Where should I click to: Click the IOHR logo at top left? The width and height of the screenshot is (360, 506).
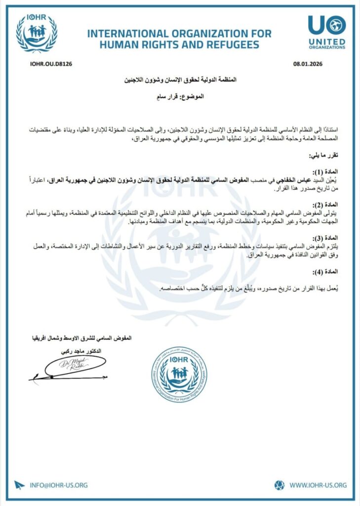click(x=37, y=33)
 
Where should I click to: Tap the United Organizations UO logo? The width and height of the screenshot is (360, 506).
click(x=326, y=32)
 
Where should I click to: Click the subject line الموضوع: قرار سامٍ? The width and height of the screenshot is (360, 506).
click(x=179, y=96)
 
